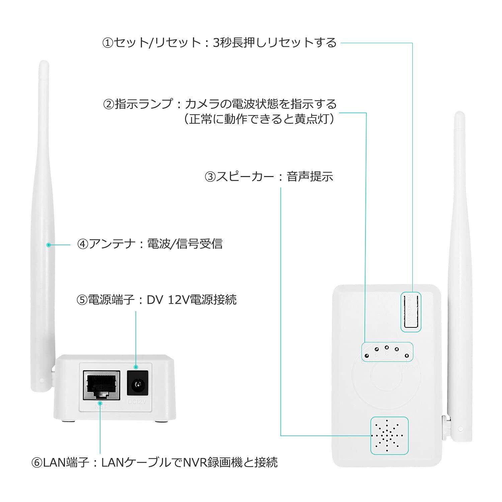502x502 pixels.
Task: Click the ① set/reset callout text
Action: pyautogui.click(x=219, y=43)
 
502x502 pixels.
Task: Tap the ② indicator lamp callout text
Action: pyautogui.click(x=219, y=104)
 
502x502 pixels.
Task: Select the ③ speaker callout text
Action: pyautogui.click(x=269, y=176)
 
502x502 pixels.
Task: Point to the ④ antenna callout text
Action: pyautogui.click(x=150, y=244)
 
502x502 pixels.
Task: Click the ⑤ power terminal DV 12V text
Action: pyautogui.click(x=157, y=299)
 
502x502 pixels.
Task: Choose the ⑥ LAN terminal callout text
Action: pyautogui.click(x=154, y=463)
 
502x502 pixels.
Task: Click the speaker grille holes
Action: pyautogui.click(x=389, y=435)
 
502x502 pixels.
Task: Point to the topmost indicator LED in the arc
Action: pyautogui.click(x=387, y=347)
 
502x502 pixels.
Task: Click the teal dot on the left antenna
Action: pyautogui.click(x=49, y=245)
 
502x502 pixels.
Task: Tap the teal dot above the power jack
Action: pyautogui.click(x=136, y=367)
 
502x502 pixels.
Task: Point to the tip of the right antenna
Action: pyautogui.click(x=459, y=114)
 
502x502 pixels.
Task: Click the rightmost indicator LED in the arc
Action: pyautogui.click(x=407, y=355)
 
